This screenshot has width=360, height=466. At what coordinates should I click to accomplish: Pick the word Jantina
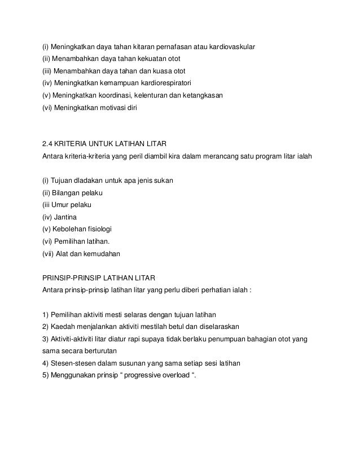pyautogui.click(x=67, y=216)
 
